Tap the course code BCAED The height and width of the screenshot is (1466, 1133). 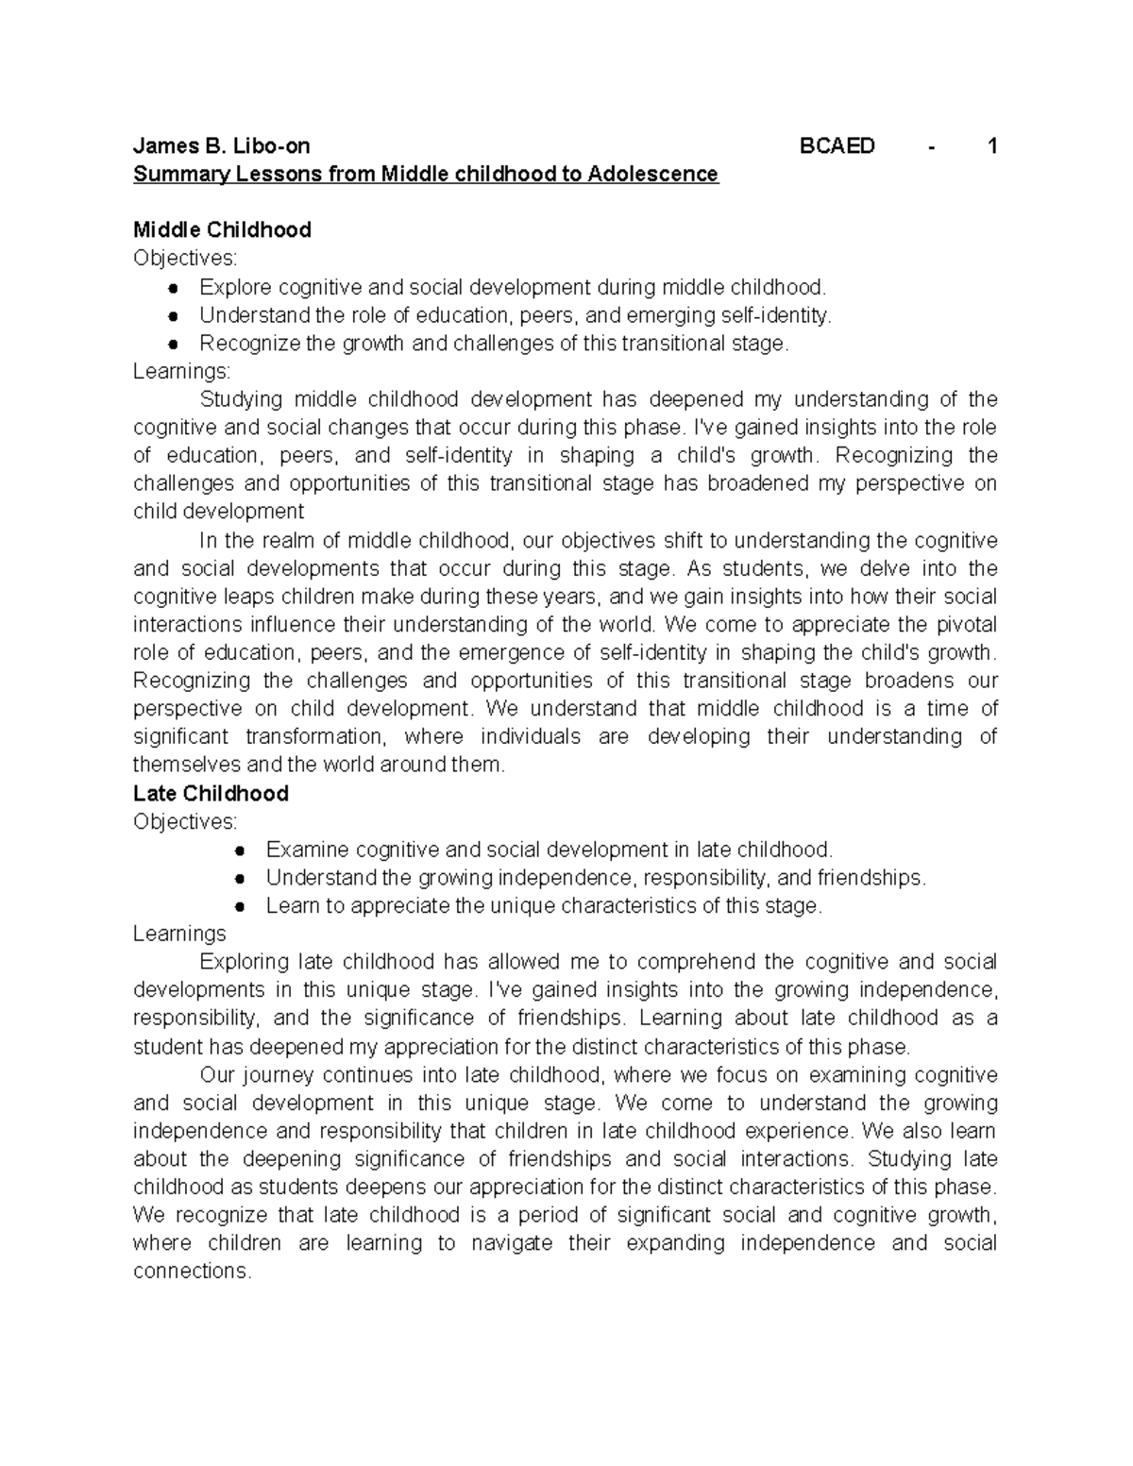(x=837, y=146)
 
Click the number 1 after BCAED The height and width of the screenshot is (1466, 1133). (x=991, y=146)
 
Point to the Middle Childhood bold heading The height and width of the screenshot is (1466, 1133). (x=222, y=230)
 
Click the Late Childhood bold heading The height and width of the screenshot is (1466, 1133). (x=211, y=794)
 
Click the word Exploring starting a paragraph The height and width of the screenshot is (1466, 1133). (x=245, y=963)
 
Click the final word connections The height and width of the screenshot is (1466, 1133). (x=192, y=1272)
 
